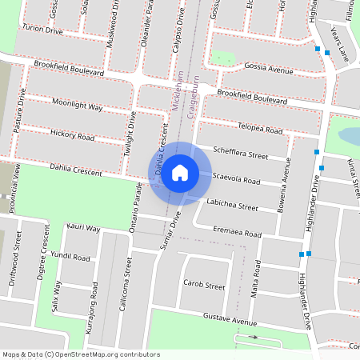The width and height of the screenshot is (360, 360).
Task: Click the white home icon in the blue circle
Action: tap(180, 172)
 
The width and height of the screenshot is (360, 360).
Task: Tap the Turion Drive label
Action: tap(42, 29)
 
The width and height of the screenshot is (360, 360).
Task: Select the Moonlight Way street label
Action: tap(78, 106)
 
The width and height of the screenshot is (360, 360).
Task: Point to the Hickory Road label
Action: tap(72, 137)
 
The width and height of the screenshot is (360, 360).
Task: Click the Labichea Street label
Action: tap(232, 206)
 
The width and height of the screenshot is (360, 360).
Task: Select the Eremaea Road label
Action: tap(237, 233)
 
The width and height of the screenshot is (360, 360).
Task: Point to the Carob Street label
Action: tap(204, 284)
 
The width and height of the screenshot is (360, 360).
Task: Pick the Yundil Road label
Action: tap(70, 258)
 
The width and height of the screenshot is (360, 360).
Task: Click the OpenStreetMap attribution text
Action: tap(81, 354)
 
